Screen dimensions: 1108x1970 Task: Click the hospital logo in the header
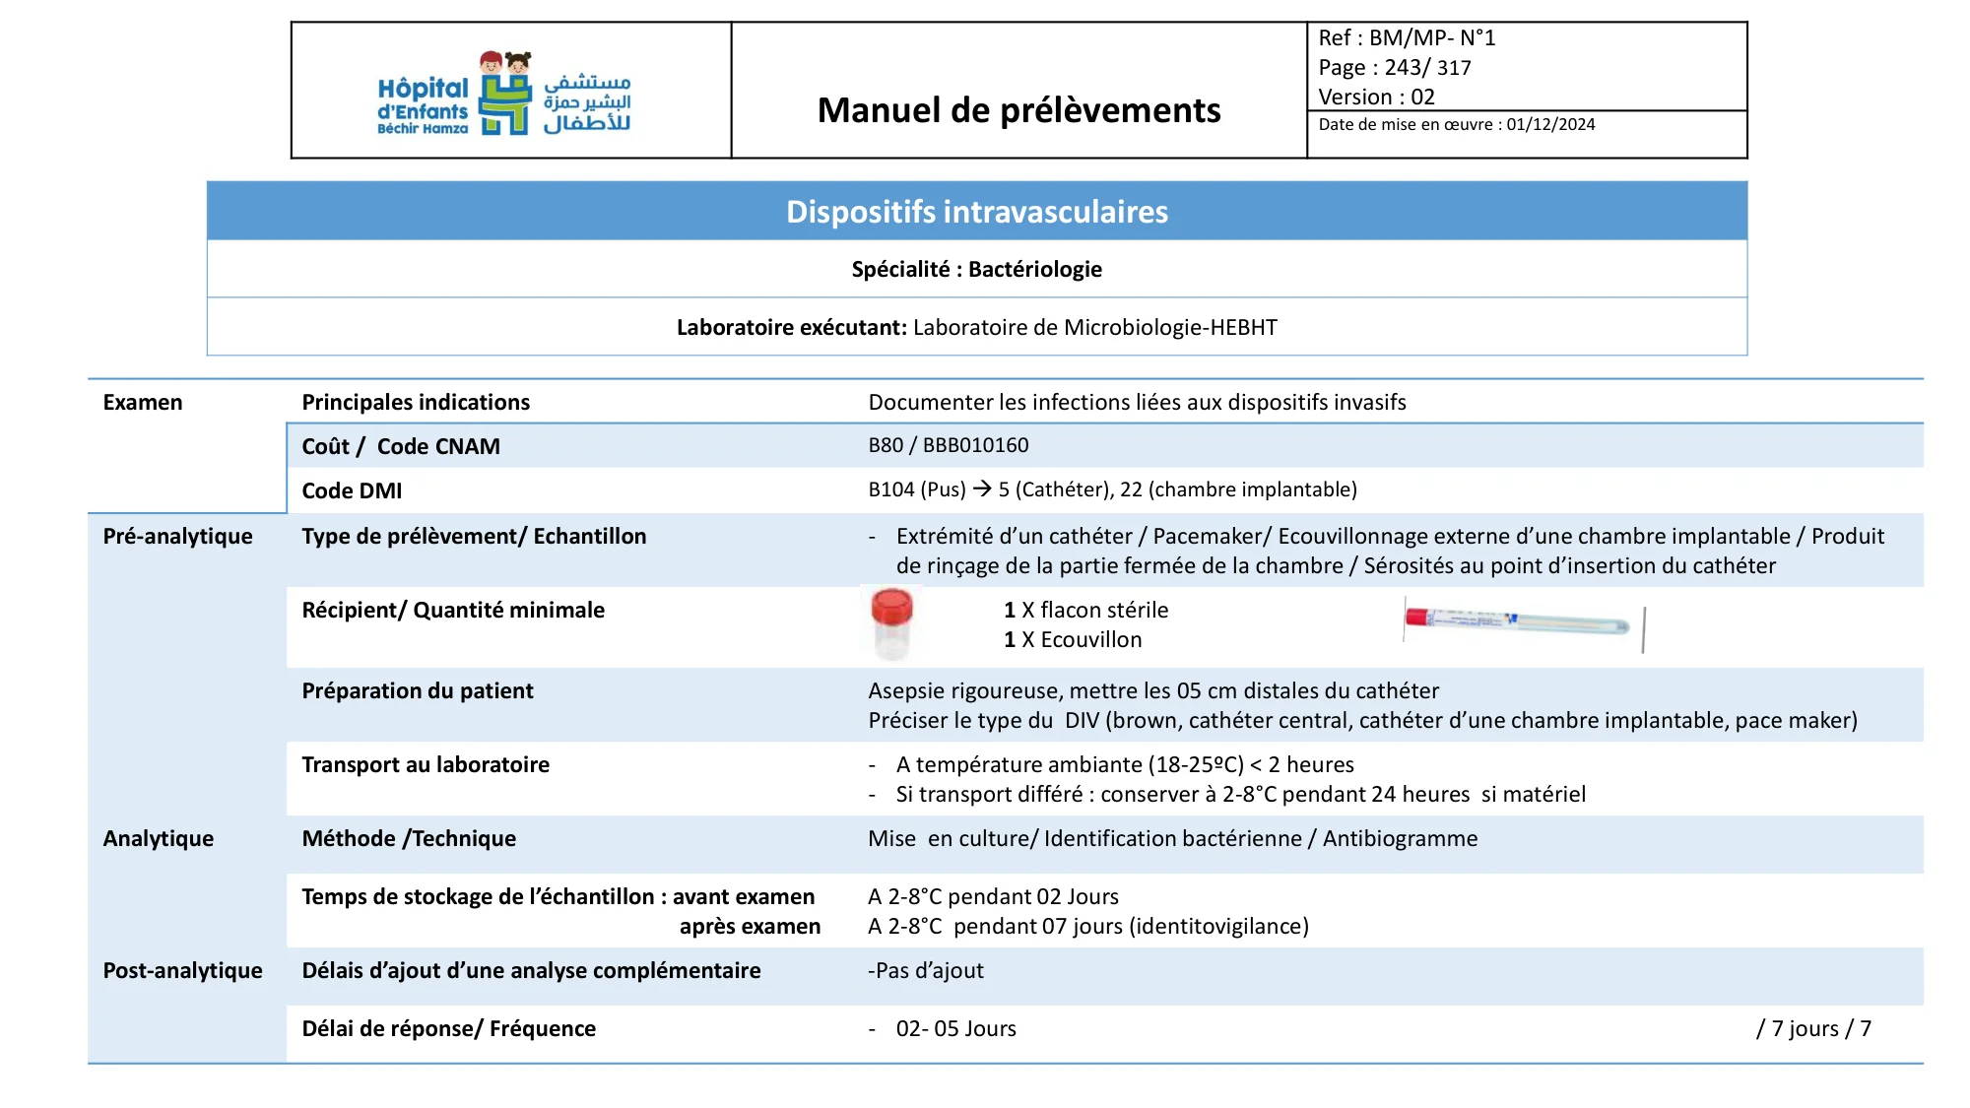pos(504,94)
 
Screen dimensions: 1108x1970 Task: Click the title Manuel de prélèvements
pos(1018,110)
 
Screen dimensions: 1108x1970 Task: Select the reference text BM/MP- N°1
pos(1431,38)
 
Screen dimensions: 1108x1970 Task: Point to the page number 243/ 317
pos(1427,68)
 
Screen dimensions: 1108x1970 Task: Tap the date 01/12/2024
pos(1550,125)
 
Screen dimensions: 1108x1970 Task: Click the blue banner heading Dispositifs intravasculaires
pos(976,212)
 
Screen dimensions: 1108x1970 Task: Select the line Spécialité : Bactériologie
pos(976,270)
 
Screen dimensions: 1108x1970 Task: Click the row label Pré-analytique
pos(178,537)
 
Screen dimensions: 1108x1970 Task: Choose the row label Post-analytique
pos(182,971)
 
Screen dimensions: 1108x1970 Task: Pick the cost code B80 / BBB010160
pos(948,445)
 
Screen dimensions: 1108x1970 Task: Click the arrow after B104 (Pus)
pos(982,489)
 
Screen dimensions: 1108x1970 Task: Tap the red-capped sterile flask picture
pos(891,623)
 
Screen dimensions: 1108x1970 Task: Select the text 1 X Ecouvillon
pos(1073,640)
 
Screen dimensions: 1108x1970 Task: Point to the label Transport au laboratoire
pos(426,765)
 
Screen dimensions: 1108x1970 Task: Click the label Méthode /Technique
pos(409,839)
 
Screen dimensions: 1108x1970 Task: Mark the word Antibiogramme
pos(1400,839)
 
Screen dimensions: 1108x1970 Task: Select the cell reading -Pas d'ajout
pos(925,971)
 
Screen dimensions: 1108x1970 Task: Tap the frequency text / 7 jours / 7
pos(1813,1029)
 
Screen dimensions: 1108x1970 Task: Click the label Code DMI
pos(352,490)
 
